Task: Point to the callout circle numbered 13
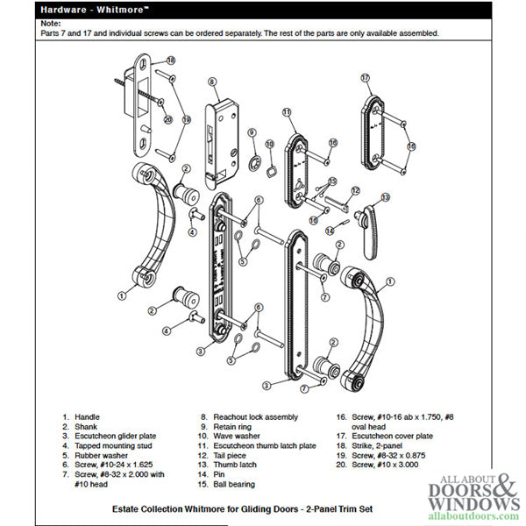click(382, 200)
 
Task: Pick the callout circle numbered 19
click(186, 119)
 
